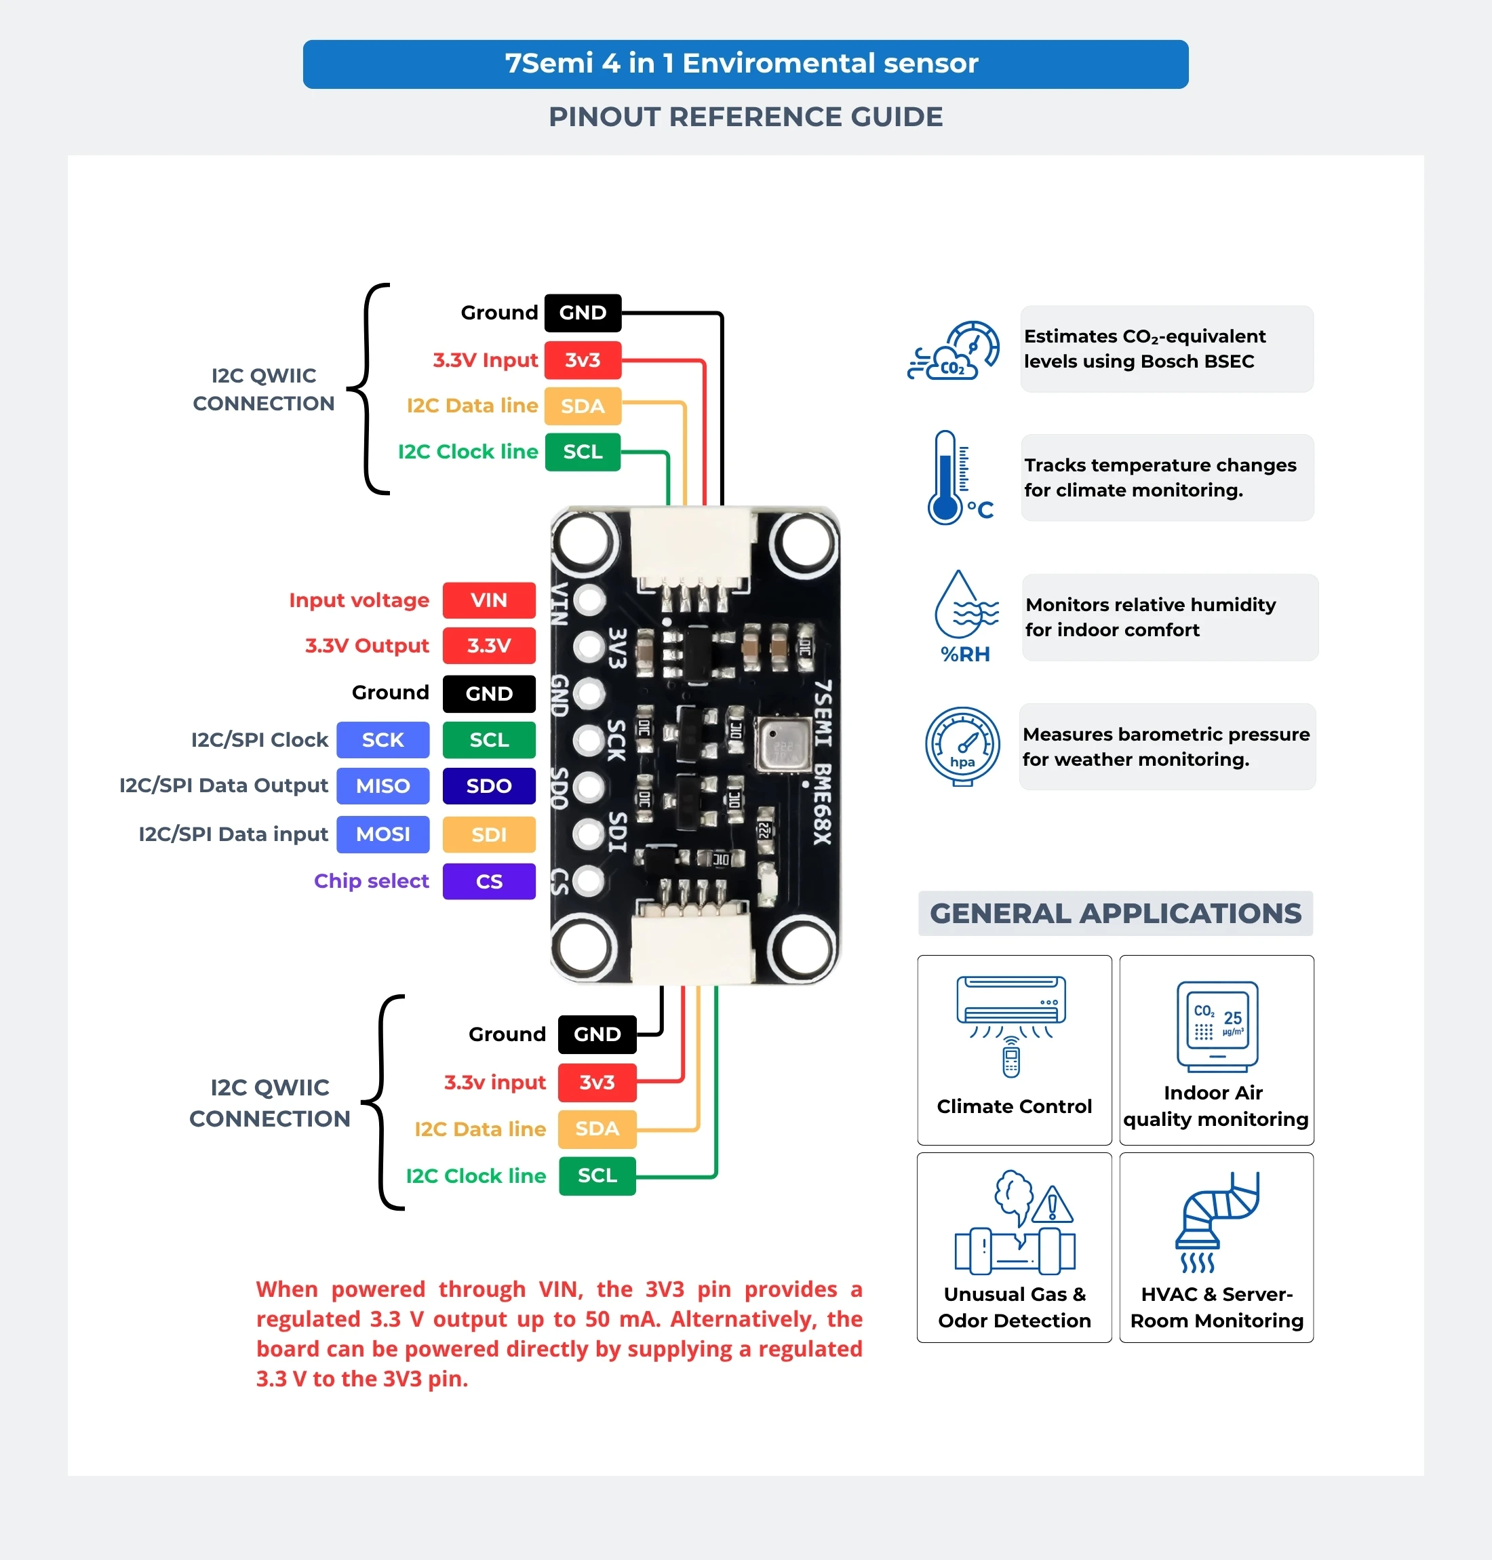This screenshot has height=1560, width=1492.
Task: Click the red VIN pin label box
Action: point(488,600)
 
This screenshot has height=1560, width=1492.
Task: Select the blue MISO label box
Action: point(382,786)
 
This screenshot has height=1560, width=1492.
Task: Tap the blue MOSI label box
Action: point(382,834)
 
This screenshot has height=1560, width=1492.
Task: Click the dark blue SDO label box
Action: point(488,786)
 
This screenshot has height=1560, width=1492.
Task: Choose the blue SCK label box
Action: point(382,740)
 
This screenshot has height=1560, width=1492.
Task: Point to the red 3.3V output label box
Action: point(488,645)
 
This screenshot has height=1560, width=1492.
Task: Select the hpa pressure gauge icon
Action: point(962,746)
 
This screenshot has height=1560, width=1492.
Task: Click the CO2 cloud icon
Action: point(954,351)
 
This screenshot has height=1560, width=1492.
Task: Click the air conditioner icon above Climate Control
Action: point(1011,1026)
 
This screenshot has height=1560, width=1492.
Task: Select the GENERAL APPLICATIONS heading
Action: point(1115,913)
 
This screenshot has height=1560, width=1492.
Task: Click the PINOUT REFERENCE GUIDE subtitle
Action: point(745,117)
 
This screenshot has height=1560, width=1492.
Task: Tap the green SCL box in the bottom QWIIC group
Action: point(597,1176)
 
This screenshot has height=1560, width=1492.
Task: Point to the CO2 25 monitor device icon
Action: point(1217,1027)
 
